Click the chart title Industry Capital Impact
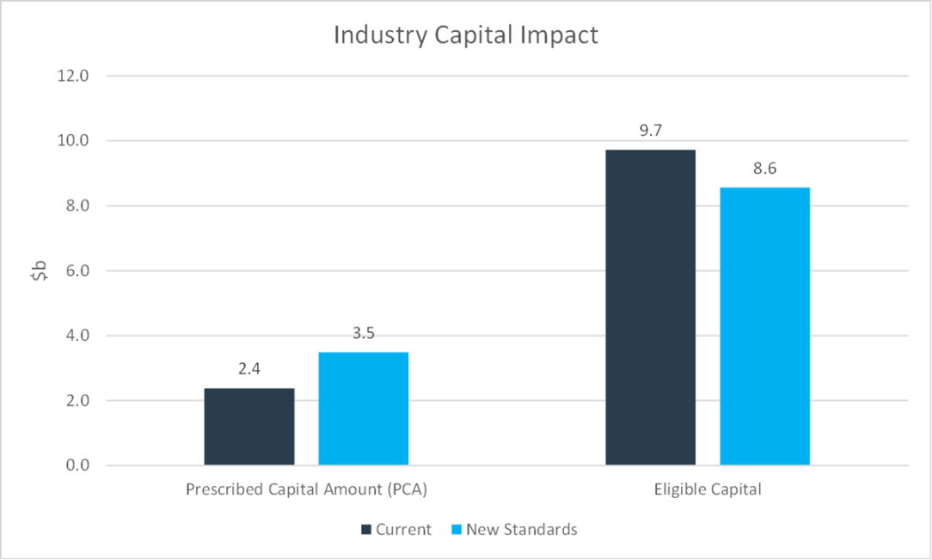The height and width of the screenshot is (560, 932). click(465, 35)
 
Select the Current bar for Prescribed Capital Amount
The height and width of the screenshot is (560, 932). click(249, 427)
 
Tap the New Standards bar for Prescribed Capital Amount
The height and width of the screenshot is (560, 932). click(363, 409)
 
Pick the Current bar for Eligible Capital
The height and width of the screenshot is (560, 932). click(650, 308)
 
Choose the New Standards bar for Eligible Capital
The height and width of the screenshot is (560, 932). click(764, 326)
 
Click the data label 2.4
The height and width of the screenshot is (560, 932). click(249, 369)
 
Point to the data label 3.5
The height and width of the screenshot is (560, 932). click(363, 333)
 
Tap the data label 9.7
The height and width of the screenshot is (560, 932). click(650, 131)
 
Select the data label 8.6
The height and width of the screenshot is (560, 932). click(764, 169)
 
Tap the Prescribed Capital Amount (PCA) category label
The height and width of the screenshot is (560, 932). click(306, 489)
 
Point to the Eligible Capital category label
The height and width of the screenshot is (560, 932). click(707, 489)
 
